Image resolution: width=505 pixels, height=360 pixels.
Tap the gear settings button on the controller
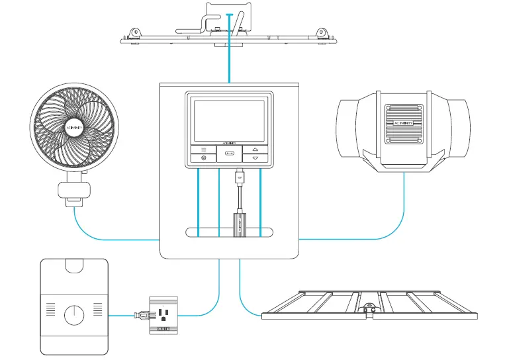pyautogui.click(x=203, y=159)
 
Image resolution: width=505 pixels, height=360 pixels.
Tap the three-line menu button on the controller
pyautogui.click(x=203, y=150)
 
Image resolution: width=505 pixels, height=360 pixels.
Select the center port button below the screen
pyautogui.click(x=229, y=154)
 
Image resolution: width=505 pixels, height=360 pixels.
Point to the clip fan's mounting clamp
pyautogui.click(x=73, y=190)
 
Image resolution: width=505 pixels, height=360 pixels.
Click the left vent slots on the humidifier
pyautogui.click(x=50, y=308)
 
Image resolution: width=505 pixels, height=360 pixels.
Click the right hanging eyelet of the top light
pyautogui.click(x=322, y=32)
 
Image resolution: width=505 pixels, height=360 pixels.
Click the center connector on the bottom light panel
pyautogui.click(x=369, y=309)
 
